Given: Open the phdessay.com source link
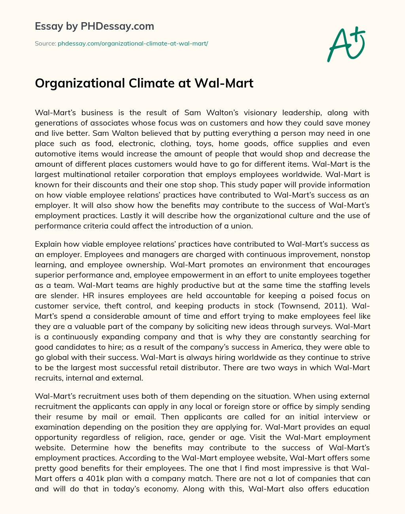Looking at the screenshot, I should (x=133, y=44).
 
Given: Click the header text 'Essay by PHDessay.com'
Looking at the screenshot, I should (x=94, y=27).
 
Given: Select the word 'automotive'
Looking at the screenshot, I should (x=53, y=154).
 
